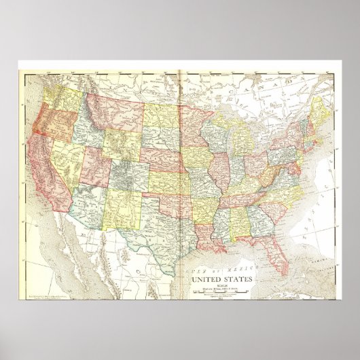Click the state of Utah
pos(95,160)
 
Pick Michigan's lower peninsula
pos(245,139)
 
